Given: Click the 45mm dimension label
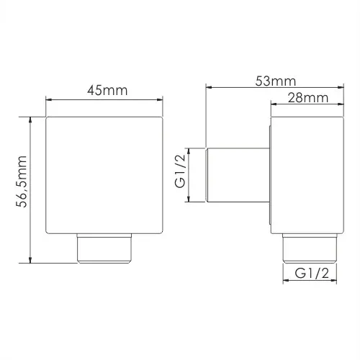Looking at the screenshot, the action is coord(107,91).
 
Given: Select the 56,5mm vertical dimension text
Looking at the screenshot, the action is coord(21,181).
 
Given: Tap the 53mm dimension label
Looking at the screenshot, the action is coord(276,81).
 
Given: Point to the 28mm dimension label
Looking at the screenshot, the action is coord(308,98).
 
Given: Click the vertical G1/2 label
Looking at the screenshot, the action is coord(180,171).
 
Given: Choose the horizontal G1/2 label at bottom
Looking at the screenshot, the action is coord(312,273).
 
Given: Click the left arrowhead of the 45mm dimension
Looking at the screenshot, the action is coord(49,99).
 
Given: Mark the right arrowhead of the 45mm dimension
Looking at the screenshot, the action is coord(160,99).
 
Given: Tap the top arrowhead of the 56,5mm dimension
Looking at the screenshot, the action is coord(30,120).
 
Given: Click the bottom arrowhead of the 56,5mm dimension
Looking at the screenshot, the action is coord(30,260).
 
